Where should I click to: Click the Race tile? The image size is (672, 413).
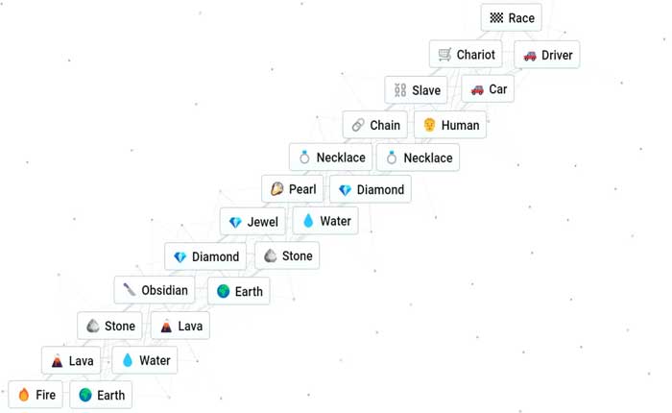(511, 18)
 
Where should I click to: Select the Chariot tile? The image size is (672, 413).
(467, 55)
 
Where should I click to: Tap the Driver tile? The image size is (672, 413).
(546, 55)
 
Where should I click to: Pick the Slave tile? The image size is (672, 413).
(417, 90)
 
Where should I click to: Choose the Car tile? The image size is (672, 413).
(488, 89)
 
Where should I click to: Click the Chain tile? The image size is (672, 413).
(374, 125)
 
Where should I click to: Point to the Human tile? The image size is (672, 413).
(450, 125)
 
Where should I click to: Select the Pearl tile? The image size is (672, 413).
(293, 189)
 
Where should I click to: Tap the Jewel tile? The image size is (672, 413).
(252, 222)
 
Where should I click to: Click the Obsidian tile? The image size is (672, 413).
(154, 290)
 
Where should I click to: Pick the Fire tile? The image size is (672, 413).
(36, 395)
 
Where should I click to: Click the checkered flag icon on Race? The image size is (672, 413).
(496, 18)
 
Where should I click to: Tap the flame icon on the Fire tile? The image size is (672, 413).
(24, 395)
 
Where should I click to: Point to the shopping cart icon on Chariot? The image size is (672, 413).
(444, 55)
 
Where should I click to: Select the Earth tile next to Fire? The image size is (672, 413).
(101, 395)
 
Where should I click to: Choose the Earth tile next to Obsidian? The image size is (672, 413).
(238, 291)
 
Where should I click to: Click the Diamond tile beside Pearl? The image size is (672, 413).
(371, 189)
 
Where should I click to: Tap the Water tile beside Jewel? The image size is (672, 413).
(326, 221)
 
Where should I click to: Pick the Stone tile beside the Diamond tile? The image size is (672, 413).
(287, 255)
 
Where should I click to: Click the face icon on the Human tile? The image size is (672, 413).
(429, 125)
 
